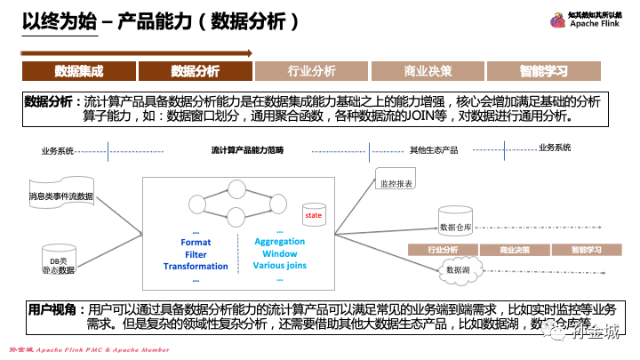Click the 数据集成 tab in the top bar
[x=79, y=71]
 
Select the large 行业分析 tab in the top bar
[x=312, y=71]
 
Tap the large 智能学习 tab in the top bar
[x=545, y=71]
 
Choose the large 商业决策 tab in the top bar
[x=428, y=71]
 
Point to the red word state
[x=314, y=216]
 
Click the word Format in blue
[x=196, y=243]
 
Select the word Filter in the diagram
[x=196, y=255]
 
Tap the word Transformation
[x=196, y=267]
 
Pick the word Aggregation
[x=279, y=242]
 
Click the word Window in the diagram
[x=279, y=254]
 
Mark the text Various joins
[x=279, y=266]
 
